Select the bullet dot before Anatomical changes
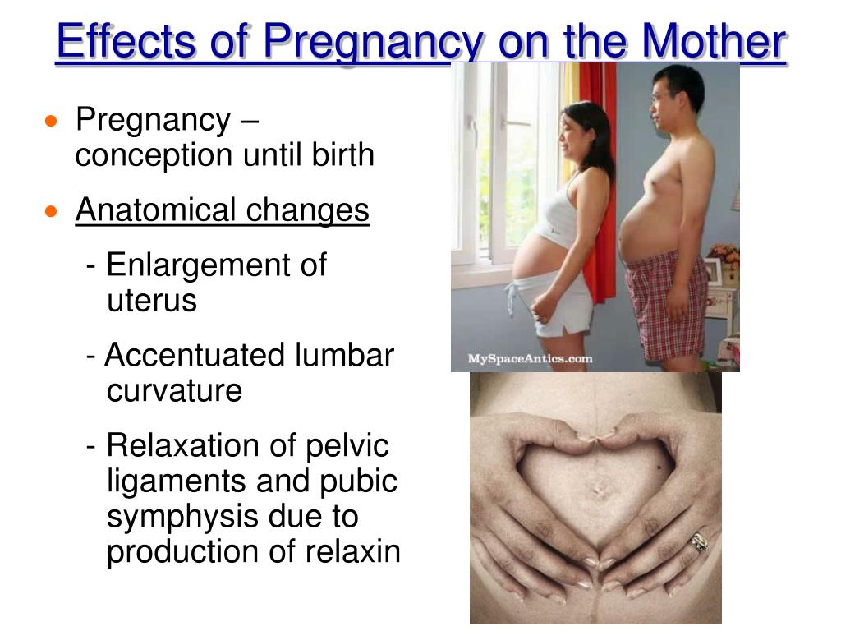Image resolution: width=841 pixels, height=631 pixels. (x=52, y=212)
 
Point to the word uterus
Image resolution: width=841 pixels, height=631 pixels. (x=152, y=301)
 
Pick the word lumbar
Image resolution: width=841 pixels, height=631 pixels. (x=344, y=356)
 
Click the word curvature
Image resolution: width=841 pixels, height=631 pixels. (x=174, y=391)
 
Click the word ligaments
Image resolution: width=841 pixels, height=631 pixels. (x=177, y=481)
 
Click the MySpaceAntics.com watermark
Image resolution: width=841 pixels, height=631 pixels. (x=530, y=358)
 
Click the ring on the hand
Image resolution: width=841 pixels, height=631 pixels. (x=699, y=542)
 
